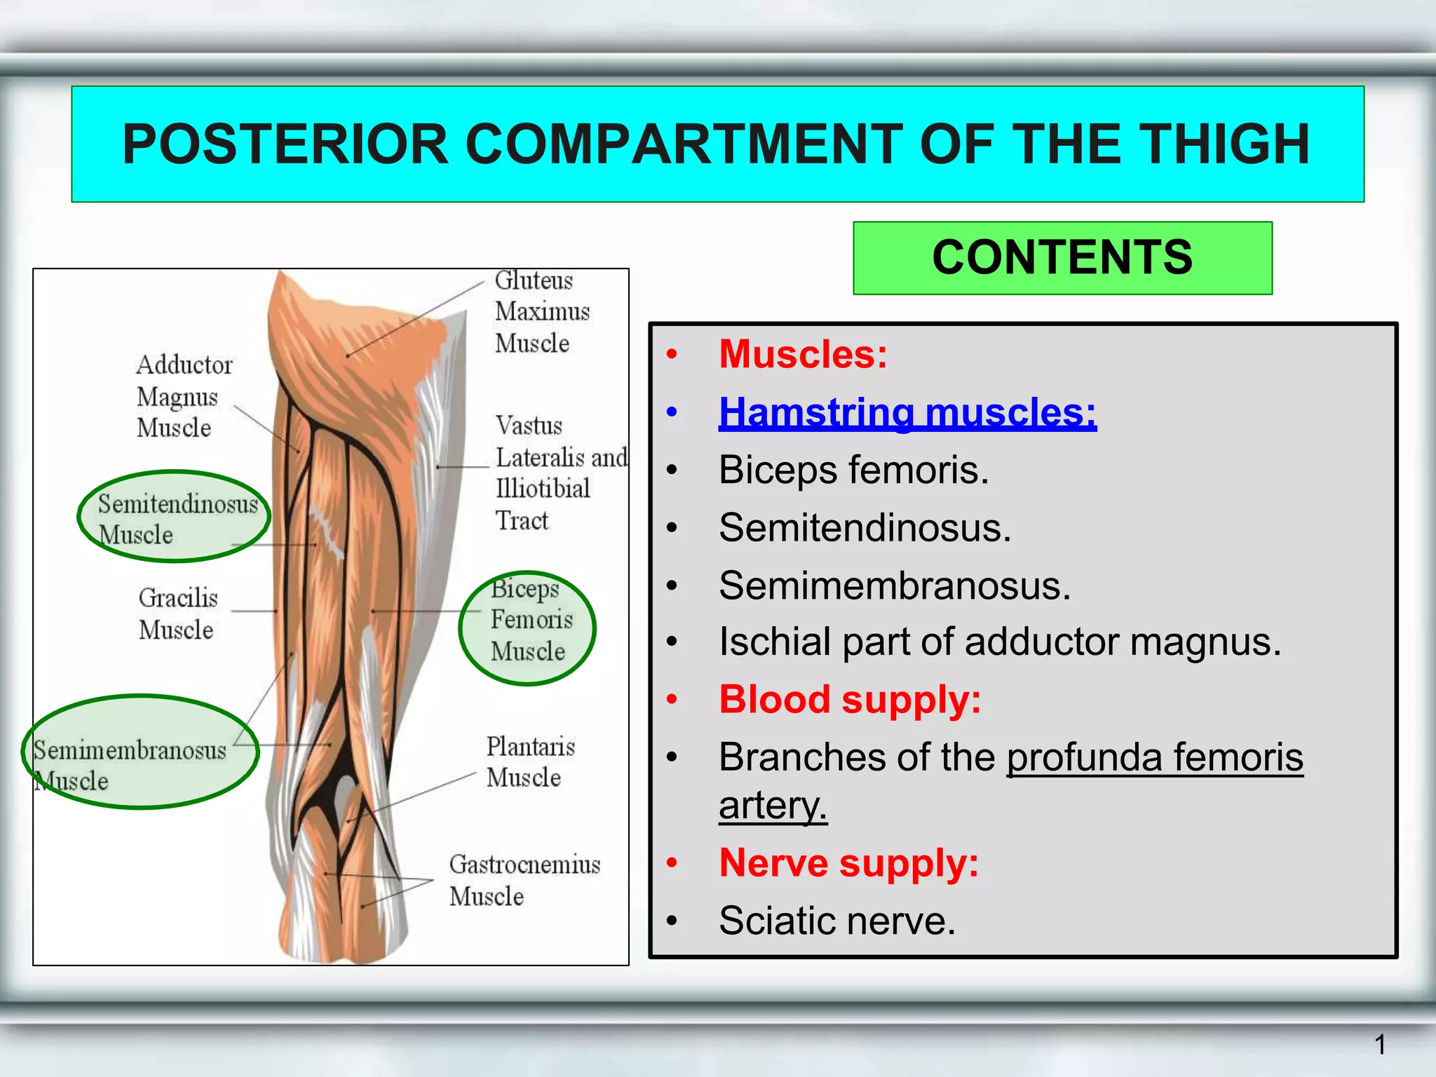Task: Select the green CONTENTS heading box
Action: click(1062, 257)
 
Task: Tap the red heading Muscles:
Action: click(803, 354)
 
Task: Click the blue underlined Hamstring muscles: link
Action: click(907, 412)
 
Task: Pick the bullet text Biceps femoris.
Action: click(853, 470)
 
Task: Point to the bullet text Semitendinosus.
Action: click(865, 527)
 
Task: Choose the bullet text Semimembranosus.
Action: click(895, 585)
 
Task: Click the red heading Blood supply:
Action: click(850, 700)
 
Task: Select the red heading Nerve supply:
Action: click(848, 862)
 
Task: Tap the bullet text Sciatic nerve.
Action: click(836, 921)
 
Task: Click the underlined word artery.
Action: click(773, 805)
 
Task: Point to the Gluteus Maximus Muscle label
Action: click(541, 311)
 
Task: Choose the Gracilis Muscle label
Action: click(178, 614)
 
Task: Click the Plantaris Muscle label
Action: click(529, 762)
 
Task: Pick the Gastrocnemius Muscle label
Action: click(524, 880)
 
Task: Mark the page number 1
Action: click(1380, 1045)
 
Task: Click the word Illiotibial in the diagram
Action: click(543, 489)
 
